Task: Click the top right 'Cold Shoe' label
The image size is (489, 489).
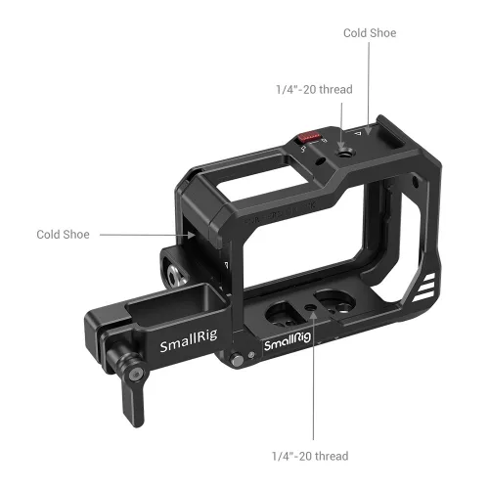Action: (x=369, y=32)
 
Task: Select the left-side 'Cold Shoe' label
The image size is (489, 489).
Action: (x=63, y=235)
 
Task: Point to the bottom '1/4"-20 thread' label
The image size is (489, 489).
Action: (x=309, y=456)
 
